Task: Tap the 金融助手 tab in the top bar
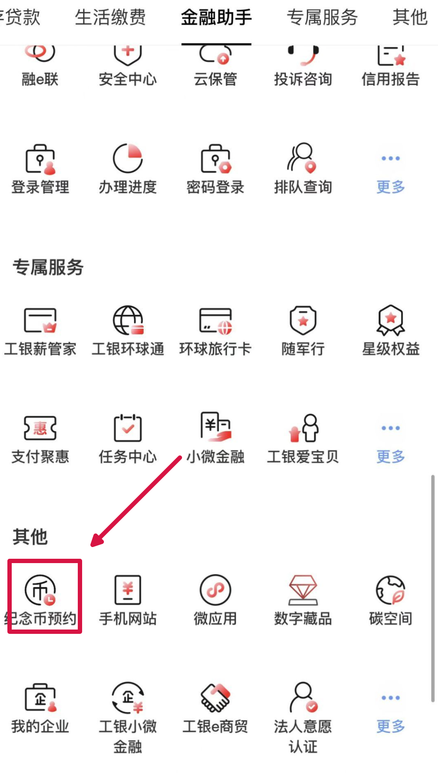coord(216,18)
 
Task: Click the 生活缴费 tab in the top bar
coord(110,18)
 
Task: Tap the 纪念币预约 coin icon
coord(40,590)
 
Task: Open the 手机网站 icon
coord(128,590)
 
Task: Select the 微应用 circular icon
coord(216,590)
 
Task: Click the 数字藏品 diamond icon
coord(303,590)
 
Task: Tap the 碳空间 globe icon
coord(390,590)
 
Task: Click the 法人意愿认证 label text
coord(303,736)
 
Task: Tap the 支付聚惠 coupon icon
coord(40,428)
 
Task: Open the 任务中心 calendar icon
coord(128,428)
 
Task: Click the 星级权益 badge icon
coord(390,320)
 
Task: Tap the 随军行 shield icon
coord(303,320)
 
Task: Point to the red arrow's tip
coord(91,545)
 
